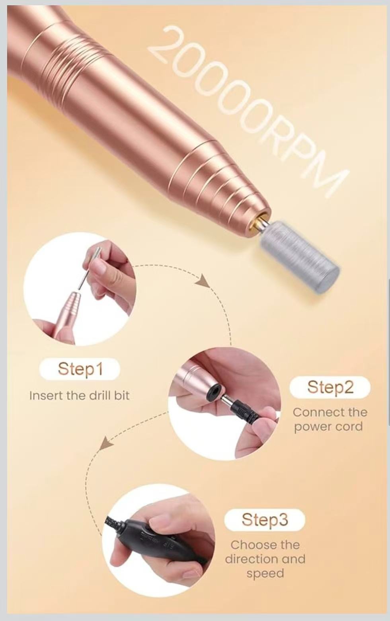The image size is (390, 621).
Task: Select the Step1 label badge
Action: [80, 369]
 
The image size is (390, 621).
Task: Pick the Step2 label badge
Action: [330, 387]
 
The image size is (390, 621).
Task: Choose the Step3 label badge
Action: [265, 519]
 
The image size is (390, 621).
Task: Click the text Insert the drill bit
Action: [80, 396]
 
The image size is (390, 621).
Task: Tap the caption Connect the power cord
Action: [330, 420]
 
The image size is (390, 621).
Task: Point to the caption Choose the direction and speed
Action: [265, 559]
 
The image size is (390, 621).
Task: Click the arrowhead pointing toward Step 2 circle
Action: [203, 281]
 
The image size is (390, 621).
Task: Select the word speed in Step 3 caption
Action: [265, 574]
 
